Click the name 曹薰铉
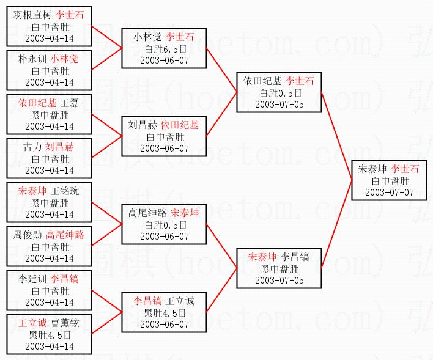[x=68, y=323]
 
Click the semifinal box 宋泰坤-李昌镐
[x=279, y=268]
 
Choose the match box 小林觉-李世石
[x=163, y=48]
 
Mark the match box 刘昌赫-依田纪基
[x=163, y=136]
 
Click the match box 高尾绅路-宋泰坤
[x=163, y=224]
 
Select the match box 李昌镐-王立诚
[x=163, y=312]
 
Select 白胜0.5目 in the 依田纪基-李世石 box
[x=279, y=93]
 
